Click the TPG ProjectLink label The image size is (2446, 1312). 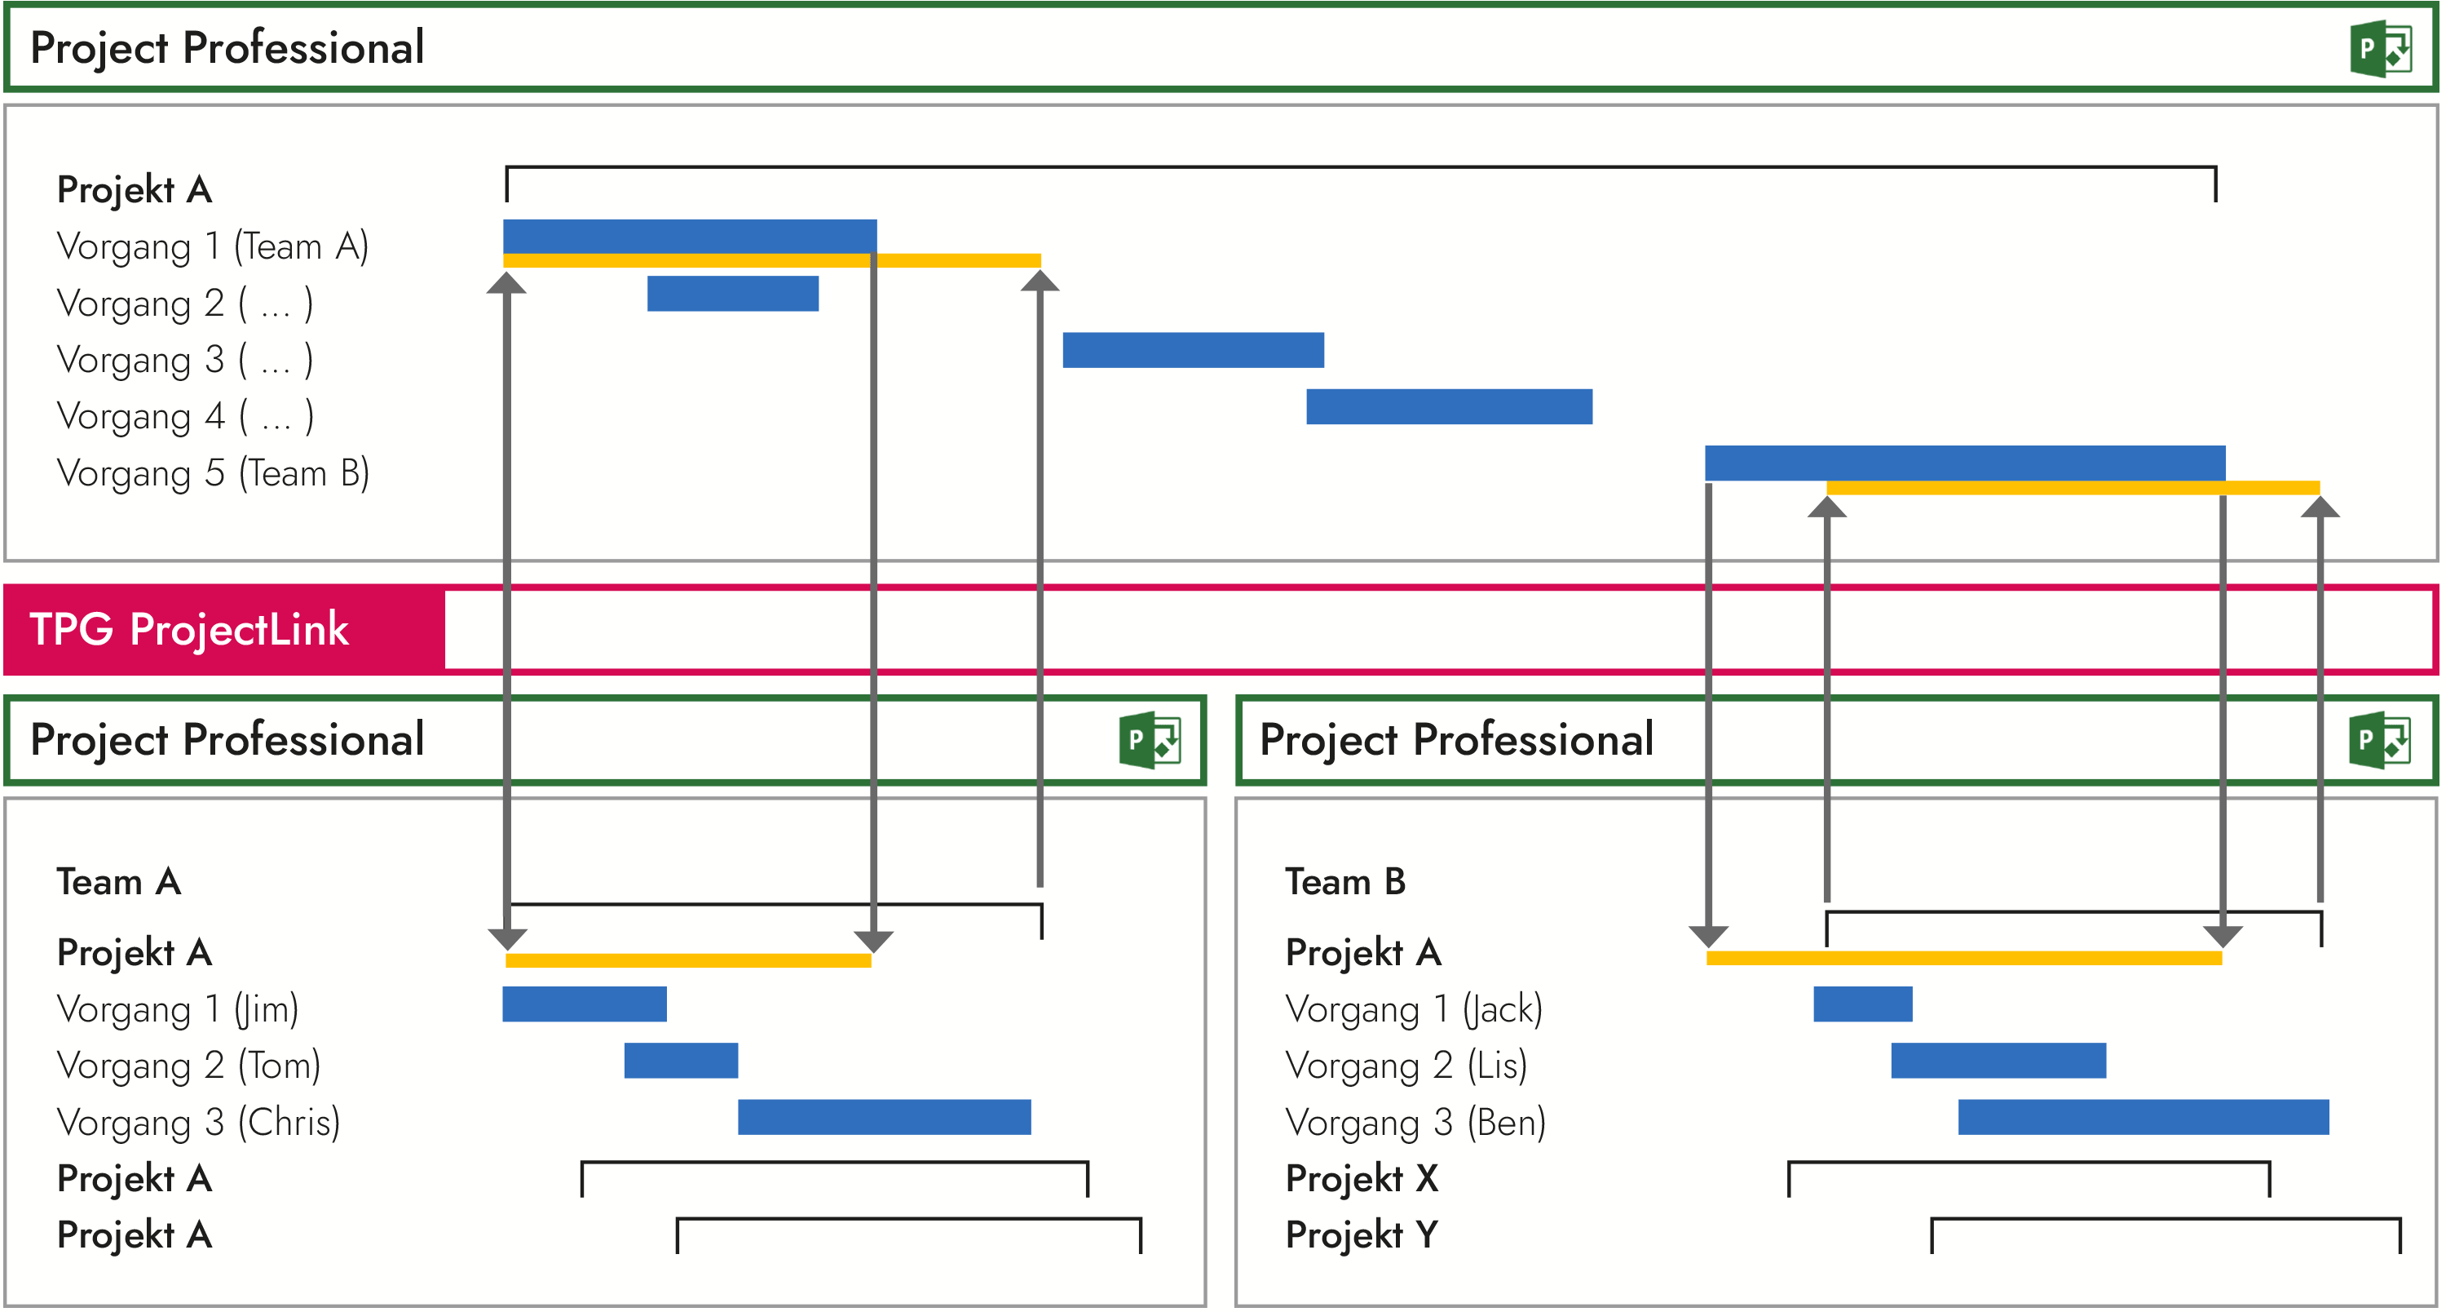click(x=189, y=629)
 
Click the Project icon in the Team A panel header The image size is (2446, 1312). click(x=1149, y=739)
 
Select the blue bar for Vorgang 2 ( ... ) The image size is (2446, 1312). click(x=732, y=294)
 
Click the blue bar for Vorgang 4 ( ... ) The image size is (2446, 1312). click(x=1448, y=406)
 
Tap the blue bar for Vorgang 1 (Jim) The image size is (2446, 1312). click(x=584, y=1004)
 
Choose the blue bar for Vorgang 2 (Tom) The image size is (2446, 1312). click(x=680, y=1060)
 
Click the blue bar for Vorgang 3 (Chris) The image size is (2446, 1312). click(x=883, y=1117)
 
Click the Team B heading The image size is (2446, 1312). click(x=1344, y=882)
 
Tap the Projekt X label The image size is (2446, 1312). click(x=1361, y=1178)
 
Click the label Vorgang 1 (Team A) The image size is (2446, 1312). click(x=213, y=246)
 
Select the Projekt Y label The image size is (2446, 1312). click(x=1361, y=1235)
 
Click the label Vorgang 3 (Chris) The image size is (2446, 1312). click(x=198, y=1122)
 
